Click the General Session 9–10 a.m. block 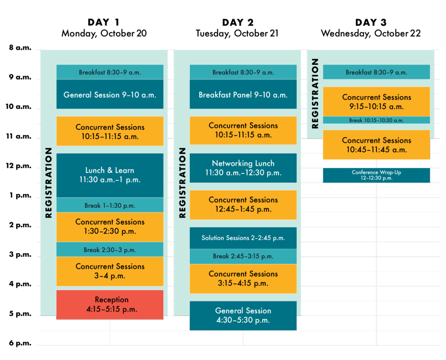tap(110, 94)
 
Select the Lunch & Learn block tap(110, 175)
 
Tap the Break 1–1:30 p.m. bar tap(110, 205)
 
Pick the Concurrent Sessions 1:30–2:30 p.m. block tap(110, 226)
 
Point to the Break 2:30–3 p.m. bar tap(110, 250)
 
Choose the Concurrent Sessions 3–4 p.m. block tap(110, 271)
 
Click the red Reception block tap(110, 305)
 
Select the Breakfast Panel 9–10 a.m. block tap(243, 94)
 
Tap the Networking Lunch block tap(243, 168)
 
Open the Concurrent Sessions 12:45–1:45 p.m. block tap(243, 205)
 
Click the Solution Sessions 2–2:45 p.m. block tap(243, 238)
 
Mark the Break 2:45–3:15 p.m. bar tap(243, 256)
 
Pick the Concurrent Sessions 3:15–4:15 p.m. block tap(243, 279)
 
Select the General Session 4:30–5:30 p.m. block tap(243, 316)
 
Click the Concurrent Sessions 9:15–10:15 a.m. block tap(376, 101)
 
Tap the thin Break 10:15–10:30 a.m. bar tap(376, 120)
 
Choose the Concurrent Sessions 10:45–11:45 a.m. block tap(376, 145)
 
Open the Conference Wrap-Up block tap(376, 175)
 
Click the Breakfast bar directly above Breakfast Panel tap(243, 72)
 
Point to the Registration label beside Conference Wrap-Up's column tap(315, 94)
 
